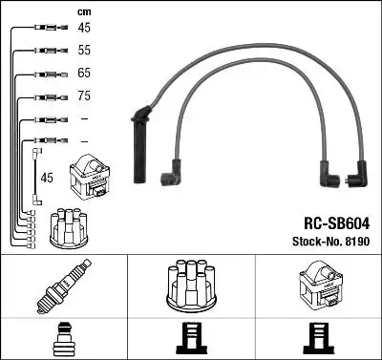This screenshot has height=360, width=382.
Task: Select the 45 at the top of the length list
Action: point(84,29)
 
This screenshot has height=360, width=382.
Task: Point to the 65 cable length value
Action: point(84,74)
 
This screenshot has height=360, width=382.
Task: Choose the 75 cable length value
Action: point(84,96)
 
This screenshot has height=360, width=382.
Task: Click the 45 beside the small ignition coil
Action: point(48,177)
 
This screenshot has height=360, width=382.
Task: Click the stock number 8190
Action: point(332,240)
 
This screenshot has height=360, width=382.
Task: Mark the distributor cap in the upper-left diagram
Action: point(72,226)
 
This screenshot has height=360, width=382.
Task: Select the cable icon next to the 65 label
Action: point(44,74)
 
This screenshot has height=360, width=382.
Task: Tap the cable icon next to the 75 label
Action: point(44,96)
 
